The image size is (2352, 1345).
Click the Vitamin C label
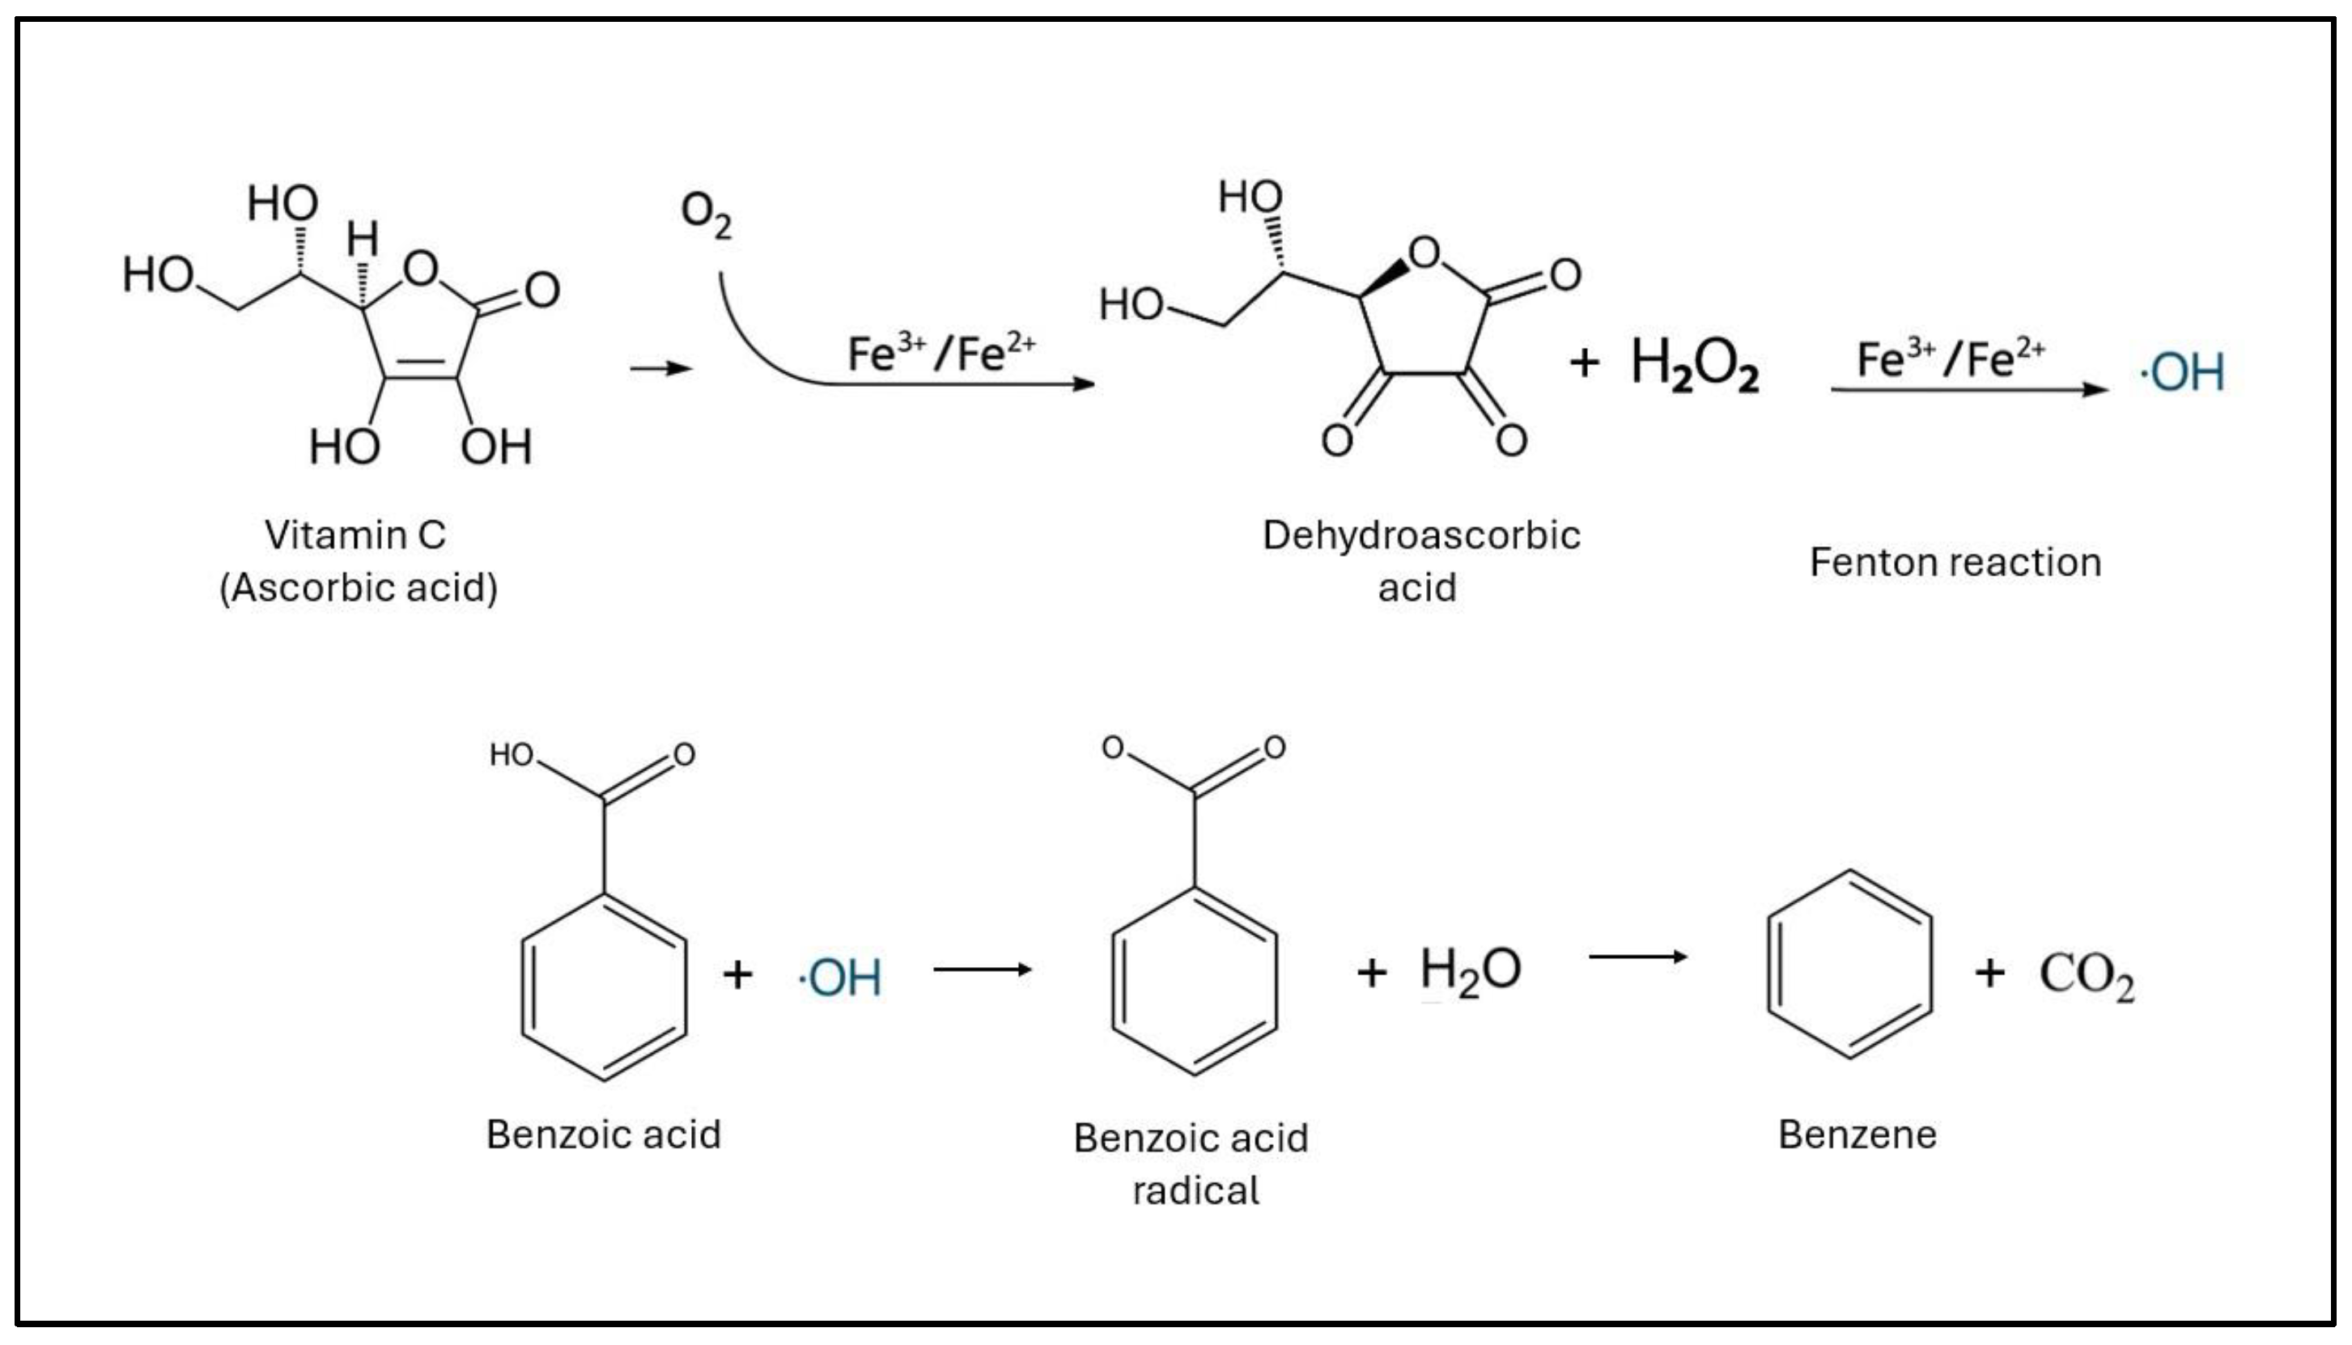(x=354, y=535)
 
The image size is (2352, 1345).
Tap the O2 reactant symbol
(x=706, y=214)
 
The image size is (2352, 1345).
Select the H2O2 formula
(x=1694, y=363)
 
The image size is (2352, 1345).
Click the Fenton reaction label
(x=1955, y=562)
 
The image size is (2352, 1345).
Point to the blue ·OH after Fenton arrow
(x=2182, y=371)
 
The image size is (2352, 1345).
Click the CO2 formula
(x=2086, y=975)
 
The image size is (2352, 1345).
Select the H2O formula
(x=1470, y=971)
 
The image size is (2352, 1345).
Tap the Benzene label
(x=1857, y=1135)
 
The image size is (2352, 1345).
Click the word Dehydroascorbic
(x=1420, y=535)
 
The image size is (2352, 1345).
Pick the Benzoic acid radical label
(x=1191, y=1163)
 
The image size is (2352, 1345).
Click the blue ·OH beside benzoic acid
(x=840, y=978)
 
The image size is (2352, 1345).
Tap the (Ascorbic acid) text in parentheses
(x=359, y=588)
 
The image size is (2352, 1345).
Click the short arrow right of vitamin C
(x=660, y=368)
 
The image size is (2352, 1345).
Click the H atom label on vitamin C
(x=362, y=239)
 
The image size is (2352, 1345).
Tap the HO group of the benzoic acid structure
(x=511, y=755)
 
